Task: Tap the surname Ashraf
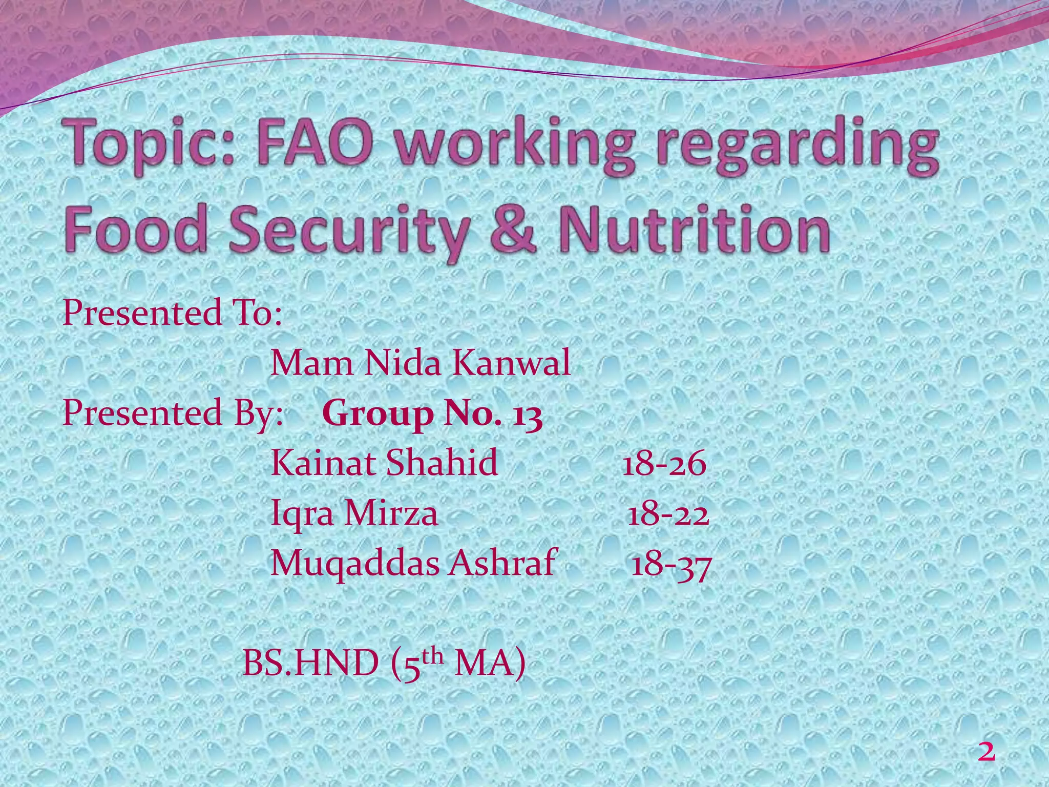502,563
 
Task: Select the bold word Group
377,415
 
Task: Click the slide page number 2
986,752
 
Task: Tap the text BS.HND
309,664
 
